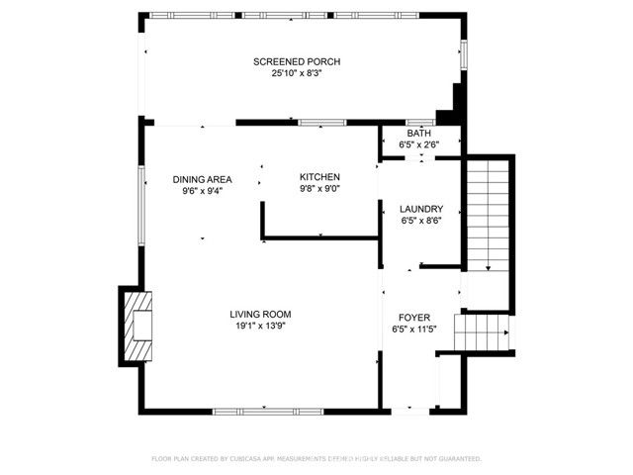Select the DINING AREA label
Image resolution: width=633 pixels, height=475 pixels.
(x=202, y=179)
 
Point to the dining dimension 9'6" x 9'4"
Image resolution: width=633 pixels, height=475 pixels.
(x=202, y=191)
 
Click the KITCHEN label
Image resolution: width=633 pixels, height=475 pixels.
(x=319, y=176)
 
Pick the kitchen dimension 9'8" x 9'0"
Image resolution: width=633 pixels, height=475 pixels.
(x=319, y=188)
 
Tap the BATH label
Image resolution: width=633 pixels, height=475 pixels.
(x=419, y=133)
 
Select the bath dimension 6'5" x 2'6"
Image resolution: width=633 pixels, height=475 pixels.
(x=419, y=144)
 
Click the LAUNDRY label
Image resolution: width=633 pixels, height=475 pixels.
(x=420, y=209)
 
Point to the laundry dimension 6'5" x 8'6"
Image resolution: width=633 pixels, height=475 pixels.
(x=420, y=221)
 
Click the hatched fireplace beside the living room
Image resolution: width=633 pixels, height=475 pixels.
(x=138, y=326)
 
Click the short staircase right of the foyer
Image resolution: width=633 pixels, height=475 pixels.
(x=480, y=332)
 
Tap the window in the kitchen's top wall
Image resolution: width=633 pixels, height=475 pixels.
(x=316, y=123)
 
